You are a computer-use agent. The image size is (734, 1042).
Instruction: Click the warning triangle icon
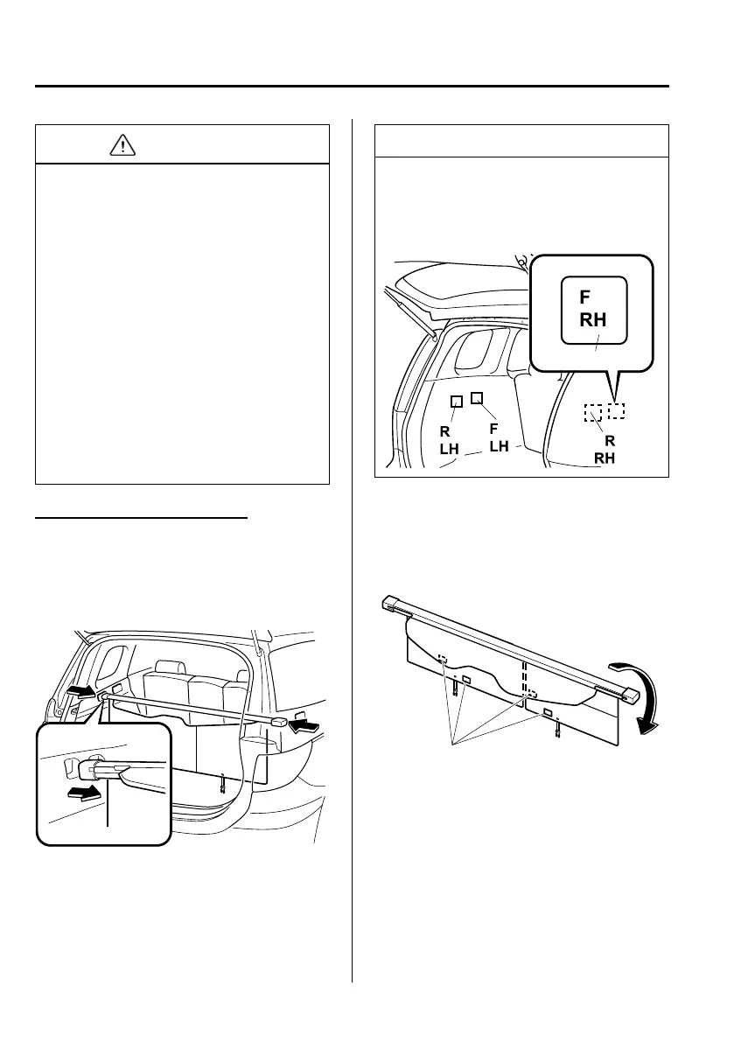click(123, 145)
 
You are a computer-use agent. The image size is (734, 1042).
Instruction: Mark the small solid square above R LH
click(456, 402)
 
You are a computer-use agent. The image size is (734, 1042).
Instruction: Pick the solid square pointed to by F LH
click(477, 398)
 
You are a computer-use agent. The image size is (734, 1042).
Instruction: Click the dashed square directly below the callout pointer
click(617, 409)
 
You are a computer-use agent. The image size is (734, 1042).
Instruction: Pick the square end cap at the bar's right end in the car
click(278, 721)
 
